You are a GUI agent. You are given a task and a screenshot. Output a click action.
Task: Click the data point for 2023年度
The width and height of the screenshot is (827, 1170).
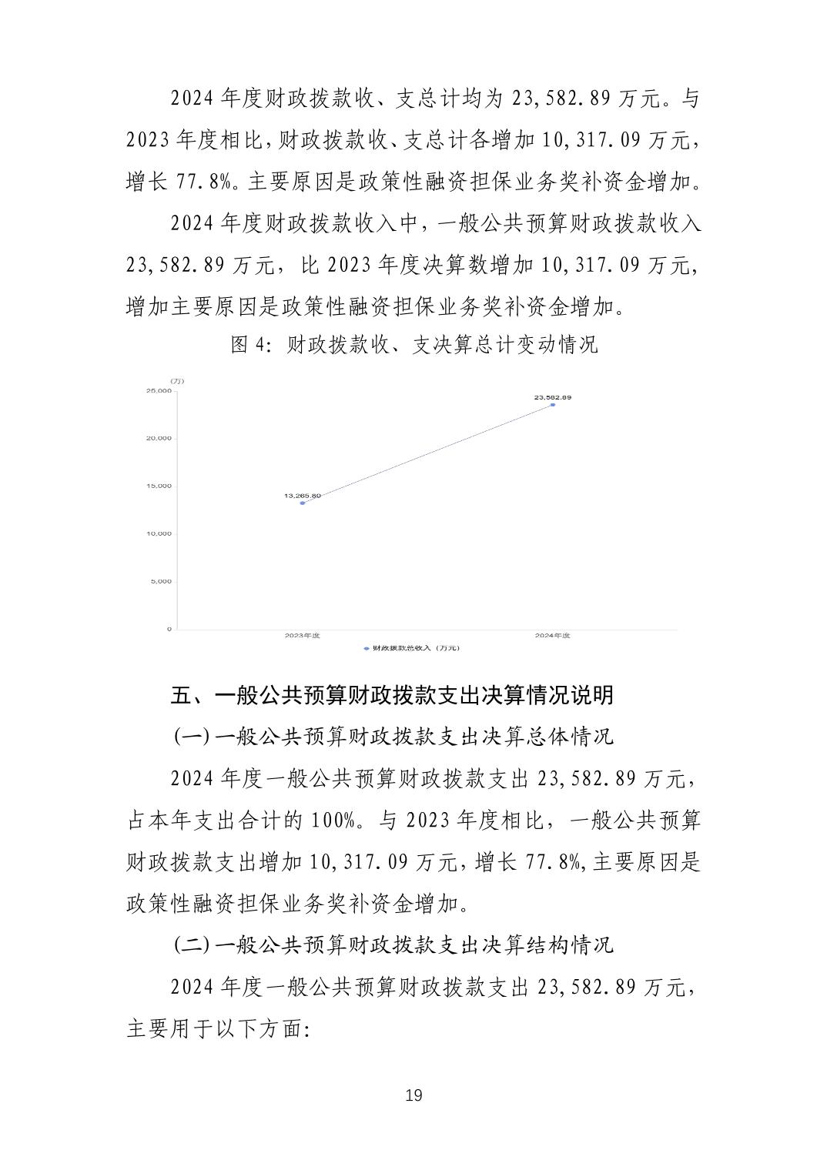coord(303,503)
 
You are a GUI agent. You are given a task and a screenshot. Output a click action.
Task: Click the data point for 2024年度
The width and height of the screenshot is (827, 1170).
coord(553,405)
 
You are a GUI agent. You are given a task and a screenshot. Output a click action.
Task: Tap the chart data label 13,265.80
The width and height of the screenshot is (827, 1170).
coord(303,496)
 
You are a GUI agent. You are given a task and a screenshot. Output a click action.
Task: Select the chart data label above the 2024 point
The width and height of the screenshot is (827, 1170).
coord(553,397)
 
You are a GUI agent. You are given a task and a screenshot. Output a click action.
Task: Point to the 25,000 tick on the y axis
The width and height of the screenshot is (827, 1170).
coord(159,391)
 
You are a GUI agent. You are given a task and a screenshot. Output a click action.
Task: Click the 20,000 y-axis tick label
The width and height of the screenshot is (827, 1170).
coord(159,439)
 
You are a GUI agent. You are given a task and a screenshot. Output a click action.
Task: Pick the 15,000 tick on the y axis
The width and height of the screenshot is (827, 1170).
coord(159,486)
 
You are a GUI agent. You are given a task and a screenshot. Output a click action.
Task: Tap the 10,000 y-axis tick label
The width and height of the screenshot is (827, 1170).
coord(159,534)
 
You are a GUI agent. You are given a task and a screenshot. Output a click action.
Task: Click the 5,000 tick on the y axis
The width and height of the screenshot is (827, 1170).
coord(161,582)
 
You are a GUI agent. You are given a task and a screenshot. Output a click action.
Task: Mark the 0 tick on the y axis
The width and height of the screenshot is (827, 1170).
coord(169,630)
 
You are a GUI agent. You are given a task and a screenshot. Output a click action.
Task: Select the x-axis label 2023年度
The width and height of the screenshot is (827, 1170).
coord(302,636)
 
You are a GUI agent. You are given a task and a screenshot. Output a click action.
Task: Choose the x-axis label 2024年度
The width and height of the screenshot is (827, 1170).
coord(553,636)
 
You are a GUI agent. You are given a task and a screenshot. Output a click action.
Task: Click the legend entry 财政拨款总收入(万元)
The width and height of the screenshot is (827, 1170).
coord(413,649)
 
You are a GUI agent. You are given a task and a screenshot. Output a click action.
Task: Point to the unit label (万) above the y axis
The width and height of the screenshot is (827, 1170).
coord(178,381)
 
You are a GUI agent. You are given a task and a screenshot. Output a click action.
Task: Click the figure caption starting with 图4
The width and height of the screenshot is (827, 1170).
coord(413,345)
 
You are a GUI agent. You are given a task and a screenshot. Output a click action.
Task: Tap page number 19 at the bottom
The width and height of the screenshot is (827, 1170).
coord(413,1095)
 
